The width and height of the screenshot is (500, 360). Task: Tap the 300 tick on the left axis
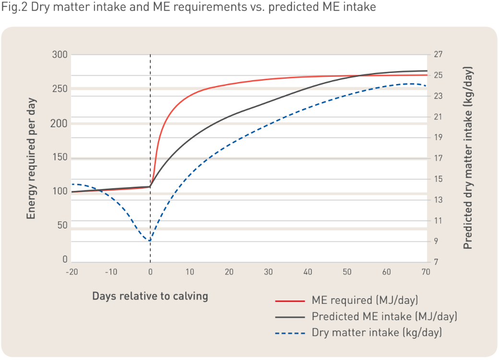pyautogui.click(x=60, y=55)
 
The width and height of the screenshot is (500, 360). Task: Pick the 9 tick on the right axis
pyautogui.click(x=437, y=241)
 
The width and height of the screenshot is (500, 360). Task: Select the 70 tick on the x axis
pyautogui.click(x=425, y=272)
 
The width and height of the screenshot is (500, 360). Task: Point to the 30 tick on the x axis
pyautogui.click(x=268, y=272)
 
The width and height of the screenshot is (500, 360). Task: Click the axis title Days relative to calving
pyautogui.click(x=150, y=296)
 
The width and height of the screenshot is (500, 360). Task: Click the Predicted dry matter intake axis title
pyautogui.click(x=468, y=157)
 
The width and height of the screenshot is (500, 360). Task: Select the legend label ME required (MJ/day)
pyautogui.click(x=365, y=301)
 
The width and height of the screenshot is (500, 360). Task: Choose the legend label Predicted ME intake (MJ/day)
pyautogui.click(x=384, y=317)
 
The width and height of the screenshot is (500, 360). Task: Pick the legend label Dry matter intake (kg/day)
pyautogui.click(x=377, y=332)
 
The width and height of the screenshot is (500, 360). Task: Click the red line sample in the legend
pyautogui.click(x=290, y=301)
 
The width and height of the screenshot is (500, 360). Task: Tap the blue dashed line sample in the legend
pyautogui.click(x=290, y=332)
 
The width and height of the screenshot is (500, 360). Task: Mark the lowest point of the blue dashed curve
pyautogui.click(x=150, y=240)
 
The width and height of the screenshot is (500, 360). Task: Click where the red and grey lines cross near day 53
pyautogui.click(x=359, y=76)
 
